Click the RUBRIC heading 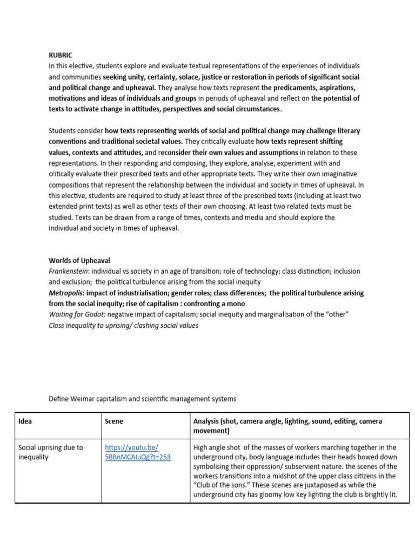60,55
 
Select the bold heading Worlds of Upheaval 79,260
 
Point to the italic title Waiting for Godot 76,315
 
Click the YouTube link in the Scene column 137,452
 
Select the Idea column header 25,421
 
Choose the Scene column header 114,421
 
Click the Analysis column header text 287,426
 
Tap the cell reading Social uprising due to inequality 51,452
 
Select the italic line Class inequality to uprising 123,326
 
